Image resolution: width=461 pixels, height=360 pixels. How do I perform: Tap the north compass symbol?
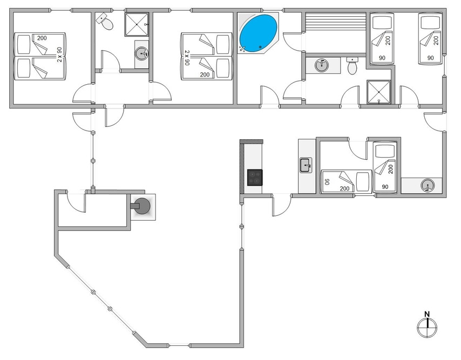coord(426,325)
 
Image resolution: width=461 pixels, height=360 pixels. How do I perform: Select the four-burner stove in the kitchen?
coord(255,177)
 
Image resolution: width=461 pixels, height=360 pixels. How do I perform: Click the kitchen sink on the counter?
coord(306,165)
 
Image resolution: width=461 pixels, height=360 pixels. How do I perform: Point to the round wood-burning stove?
coord(143,206)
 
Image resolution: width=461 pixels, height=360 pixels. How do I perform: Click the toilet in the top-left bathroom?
coord(105,22)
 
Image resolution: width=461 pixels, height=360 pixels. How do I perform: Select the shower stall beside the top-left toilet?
coord(137,24)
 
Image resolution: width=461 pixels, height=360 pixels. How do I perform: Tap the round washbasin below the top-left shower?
coord(142,53)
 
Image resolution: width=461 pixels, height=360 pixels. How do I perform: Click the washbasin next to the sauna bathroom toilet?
coord(321,65)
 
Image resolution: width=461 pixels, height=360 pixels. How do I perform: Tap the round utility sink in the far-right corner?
coord(428,186)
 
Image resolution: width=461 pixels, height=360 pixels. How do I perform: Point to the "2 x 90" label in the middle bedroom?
coord(187,58)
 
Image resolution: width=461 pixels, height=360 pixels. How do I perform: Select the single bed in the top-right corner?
coord(431,39)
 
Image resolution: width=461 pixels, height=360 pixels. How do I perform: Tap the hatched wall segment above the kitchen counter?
coord(252,142)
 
